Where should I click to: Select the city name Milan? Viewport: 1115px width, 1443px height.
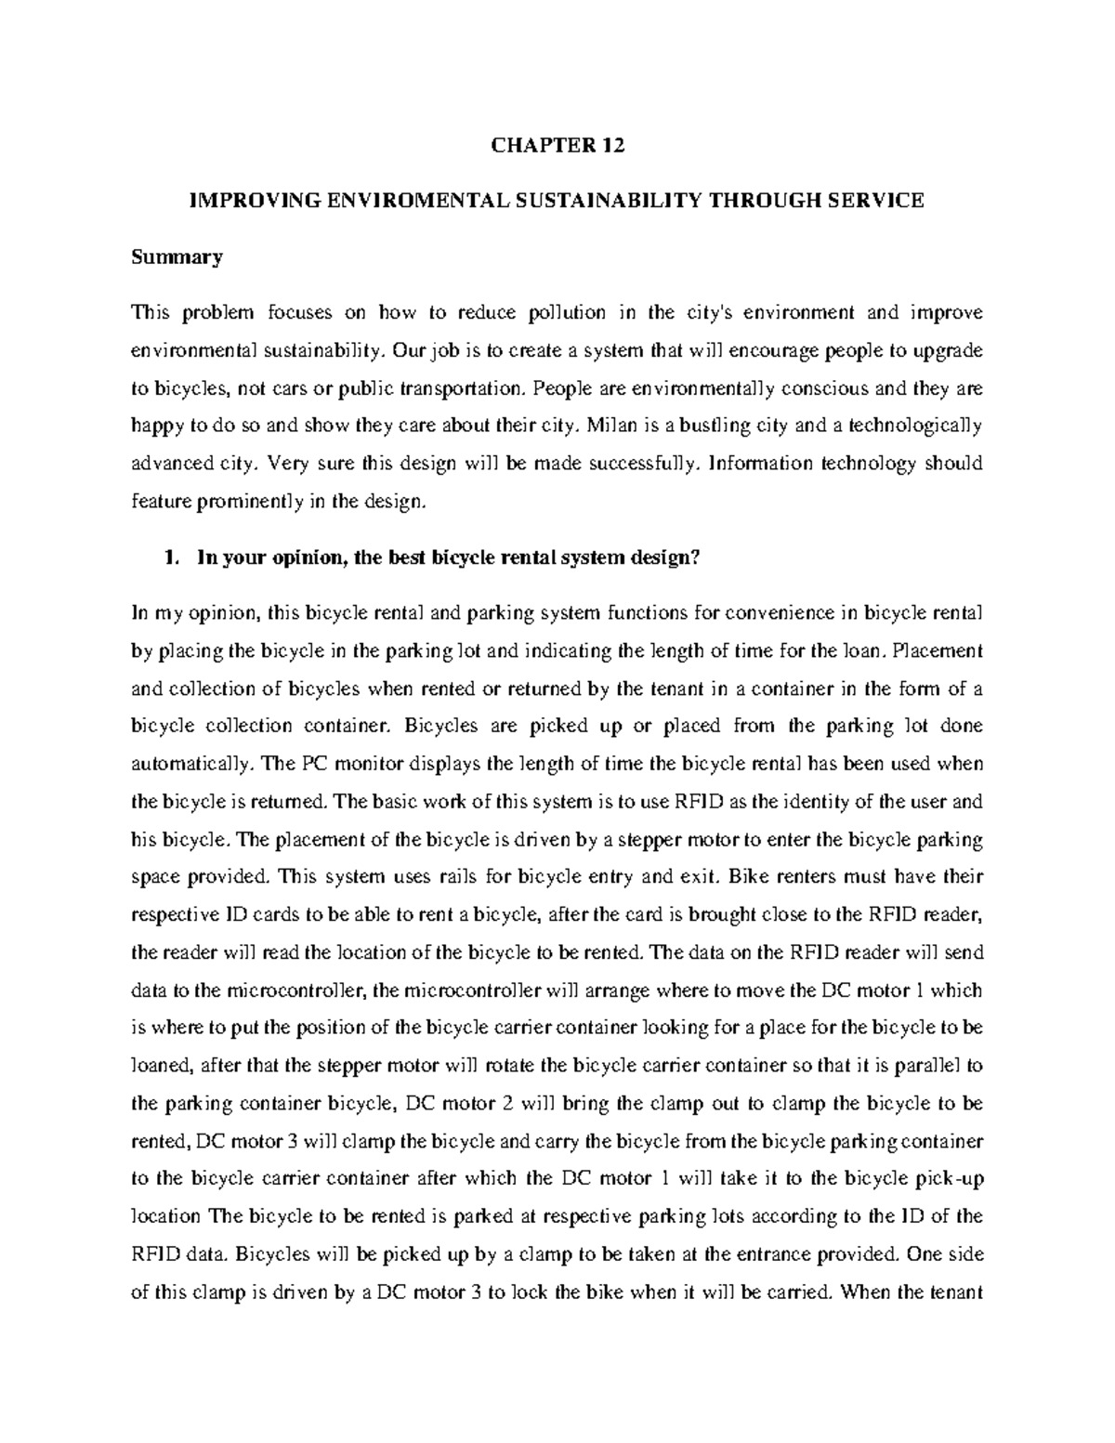point(616,426)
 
